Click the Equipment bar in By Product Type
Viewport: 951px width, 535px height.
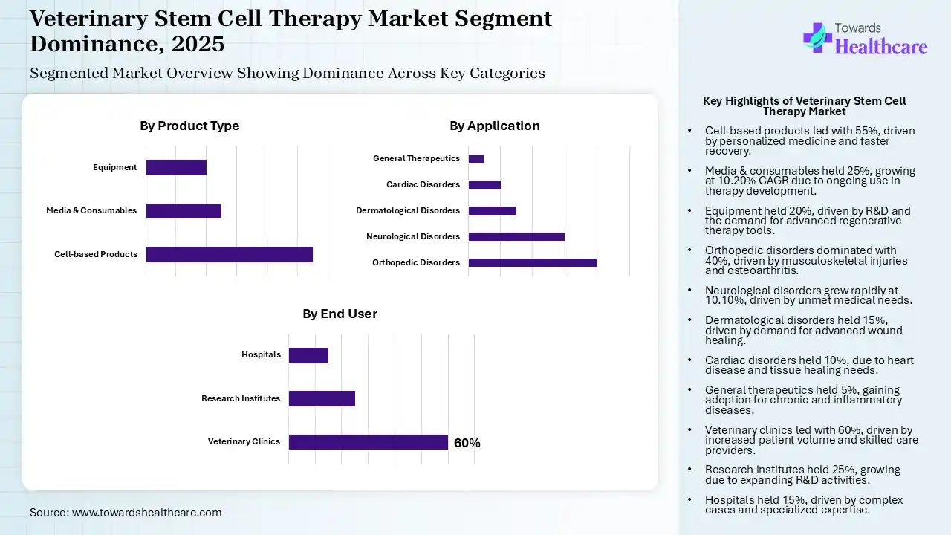(176, 168)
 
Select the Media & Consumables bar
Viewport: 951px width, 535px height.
(184, 211)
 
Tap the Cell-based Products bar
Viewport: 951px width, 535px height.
(229, 254)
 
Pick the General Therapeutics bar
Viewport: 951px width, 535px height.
(476, 159)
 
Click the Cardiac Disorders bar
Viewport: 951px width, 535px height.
(484, 185)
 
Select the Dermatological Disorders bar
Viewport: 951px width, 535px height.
(493, 211)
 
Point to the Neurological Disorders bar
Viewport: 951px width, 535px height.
(516, 237)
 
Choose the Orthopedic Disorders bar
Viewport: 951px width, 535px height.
(533, 263)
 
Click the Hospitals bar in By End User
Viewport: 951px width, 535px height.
(308, 355)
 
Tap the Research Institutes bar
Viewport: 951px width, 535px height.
(322, 399)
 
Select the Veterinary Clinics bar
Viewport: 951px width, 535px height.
(368, 442)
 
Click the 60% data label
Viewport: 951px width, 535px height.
(467, 443)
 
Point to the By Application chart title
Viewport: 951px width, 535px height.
(494, 126)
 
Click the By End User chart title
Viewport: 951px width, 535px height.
(340, 314)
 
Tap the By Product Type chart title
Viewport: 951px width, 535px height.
(189, 126)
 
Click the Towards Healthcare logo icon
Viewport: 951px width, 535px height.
(817, 37)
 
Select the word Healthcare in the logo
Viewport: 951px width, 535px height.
(881, 47)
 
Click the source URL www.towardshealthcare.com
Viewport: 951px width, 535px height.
(146, 513)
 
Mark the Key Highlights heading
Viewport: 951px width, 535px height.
(804, 106)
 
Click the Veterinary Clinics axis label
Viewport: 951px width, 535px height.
(244, 441)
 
